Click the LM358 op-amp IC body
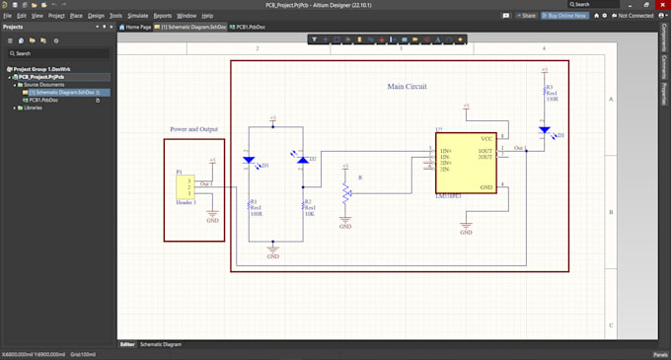pyautogui.click(x=467, y=163)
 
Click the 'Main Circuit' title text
pyautogui.click(x=407, y=87)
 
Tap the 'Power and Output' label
pyautogui.click(x=194, y=129)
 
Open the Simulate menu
pyautogui.click(x=138, y=16)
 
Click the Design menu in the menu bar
pyautogui.click(x=96, y=16)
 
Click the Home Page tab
pyautogui.click(x=136, y=27)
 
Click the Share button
pyautogui.click(x=527, y=16)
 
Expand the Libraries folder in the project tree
pyautogui.click(x=14, y=108)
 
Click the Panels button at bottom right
pyautogui.click(x=659, y=354)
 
